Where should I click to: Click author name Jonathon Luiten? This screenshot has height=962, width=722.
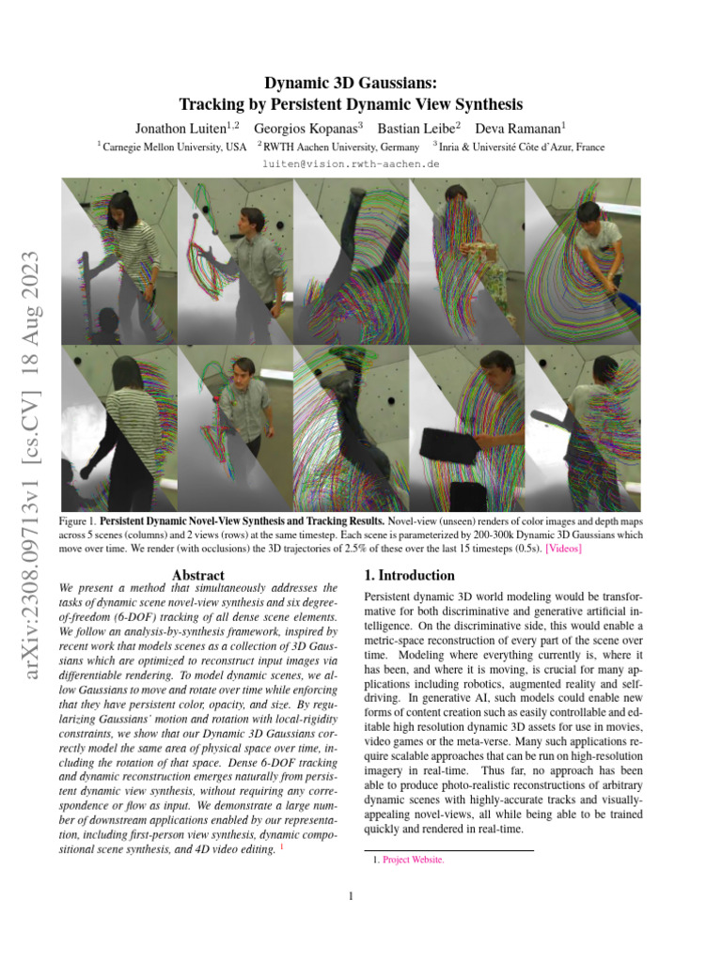click(x=179, y=127)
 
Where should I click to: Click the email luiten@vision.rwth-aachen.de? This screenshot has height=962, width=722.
click(x=360, y=163)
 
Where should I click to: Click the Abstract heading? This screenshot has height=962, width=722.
click(x=198, y=575)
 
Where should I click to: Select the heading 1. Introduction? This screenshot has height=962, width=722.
click(x=409, y=575)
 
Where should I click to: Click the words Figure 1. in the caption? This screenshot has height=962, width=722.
click(x=76, y=520)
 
